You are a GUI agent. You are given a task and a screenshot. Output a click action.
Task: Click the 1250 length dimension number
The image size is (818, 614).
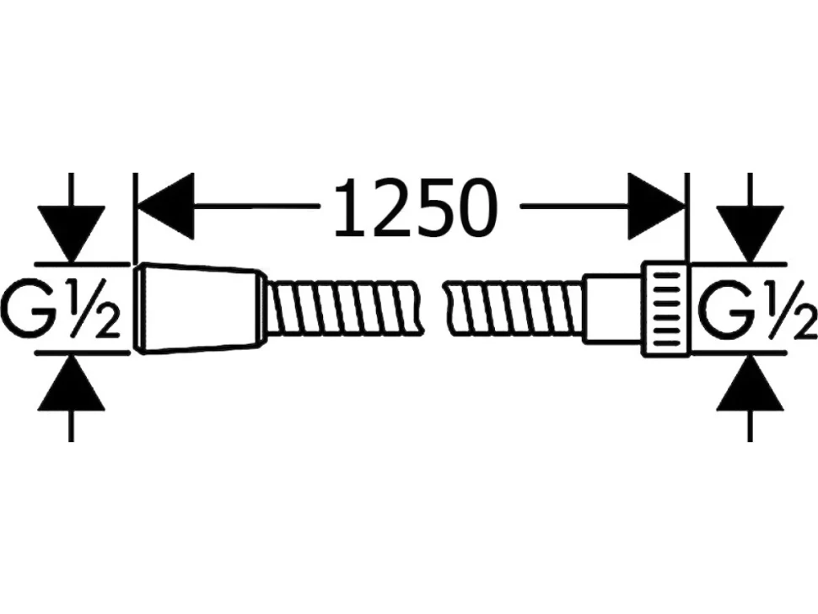tap(416, 207)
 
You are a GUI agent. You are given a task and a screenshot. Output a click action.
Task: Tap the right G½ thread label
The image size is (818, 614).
tap(757, 309)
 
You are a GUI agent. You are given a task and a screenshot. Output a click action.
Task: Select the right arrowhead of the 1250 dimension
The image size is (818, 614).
tap(656, 207)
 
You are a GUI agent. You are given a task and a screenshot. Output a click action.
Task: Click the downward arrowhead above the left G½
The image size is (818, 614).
tap(72, 233)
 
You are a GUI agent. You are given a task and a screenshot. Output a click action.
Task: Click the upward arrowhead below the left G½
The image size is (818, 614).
tap(72, 384)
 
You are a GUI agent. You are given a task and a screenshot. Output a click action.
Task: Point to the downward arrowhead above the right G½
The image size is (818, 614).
tap(751, 233)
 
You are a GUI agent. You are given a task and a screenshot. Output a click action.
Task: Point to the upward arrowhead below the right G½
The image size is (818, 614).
tap(751, 384)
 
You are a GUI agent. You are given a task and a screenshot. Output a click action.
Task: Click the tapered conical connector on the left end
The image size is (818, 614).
tap(197, 309)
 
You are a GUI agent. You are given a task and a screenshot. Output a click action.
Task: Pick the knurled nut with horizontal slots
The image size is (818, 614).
tap(665, 309)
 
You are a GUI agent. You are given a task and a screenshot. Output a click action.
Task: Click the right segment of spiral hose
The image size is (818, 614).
tap(514, 309)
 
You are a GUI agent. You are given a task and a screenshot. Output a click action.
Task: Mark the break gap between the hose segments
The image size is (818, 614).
tap(432, 309)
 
